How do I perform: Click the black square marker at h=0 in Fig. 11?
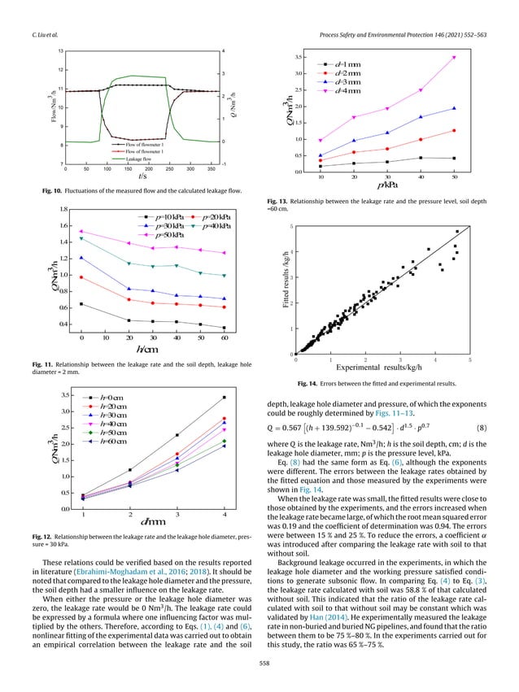click(81, 304)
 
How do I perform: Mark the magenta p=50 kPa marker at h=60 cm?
click(225, 253)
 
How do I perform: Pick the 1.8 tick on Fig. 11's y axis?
click(63, 210)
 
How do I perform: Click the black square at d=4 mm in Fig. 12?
click(224, 398)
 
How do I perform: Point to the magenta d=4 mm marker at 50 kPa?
click(454, 58)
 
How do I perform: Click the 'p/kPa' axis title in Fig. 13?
click(387, 185)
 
